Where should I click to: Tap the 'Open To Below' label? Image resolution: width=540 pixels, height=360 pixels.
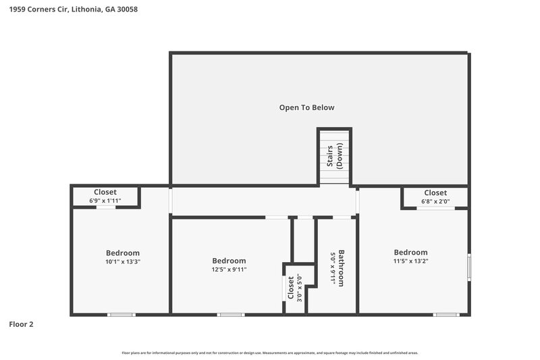307,107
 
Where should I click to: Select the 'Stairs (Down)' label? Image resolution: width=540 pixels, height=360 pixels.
335,156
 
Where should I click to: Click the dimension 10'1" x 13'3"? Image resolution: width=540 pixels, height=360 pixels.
122,261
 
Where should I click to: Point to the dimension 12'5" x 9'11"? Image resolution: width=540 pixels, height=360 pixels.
229,269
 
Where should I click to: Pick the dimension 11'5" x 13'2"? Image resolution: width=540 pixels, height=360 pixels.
410,261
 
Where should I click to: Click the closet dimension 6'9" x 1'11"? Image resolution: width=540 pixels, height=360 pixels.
105,201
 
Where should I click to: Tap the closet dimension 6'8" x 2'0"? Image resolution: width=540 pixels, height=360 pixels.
435,201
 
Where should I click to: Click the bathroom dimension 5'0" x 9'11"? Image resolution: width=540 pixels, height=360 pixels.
332,269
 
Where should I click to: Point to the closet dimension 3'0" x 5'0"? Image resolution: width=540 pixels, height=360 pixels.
298,287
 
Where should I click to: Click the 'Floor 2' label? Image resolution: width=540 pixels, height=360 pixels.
21,324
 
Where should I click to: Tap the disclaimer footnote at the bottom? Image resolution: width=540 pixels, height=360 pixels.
269,353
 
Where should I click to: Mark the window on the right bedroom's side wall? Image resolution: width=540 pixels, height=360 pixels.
469,267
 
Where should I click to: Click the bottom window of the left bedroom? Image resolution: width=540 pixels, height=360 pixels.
122,314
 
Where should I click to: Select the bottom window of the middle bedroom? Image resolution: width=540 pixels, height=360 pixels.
230,314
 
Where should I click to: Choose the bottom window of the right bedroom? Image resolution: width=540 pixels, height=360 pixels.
446,314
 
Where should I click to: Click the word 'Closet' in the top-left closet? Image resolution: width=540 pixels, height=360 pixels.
105,192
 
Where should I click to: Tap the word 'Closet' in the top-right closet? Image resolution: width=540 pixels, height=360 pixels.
435,192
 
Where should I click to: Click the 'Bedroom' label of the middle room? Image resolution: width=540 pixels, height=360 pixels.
229,261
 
